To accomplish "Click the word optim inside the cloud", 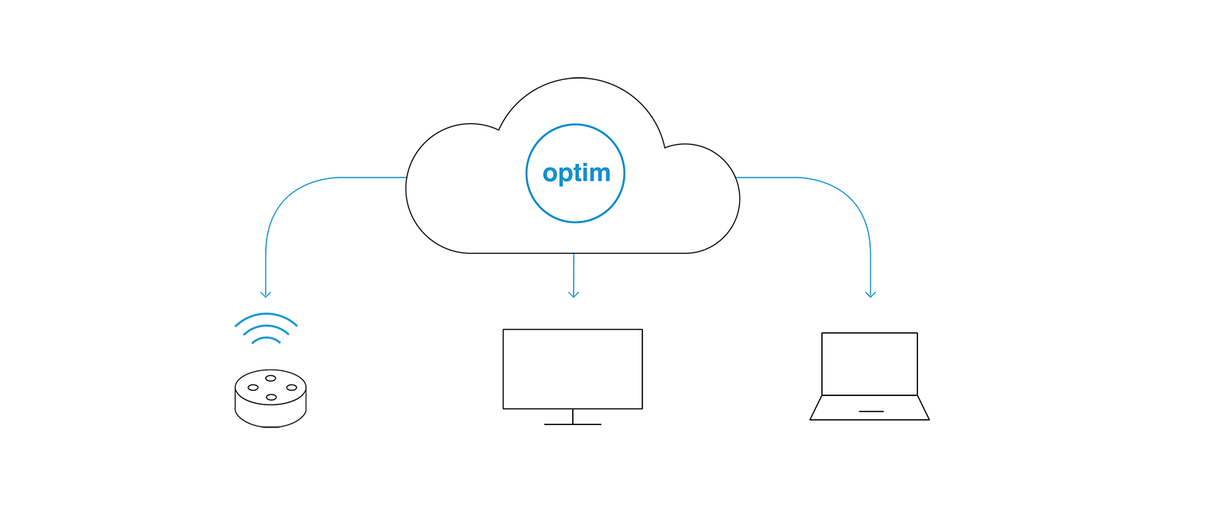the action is point(576,174).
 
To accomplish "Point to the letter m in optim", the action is point(601,174).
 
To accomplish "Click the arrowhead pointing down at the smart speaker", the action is point(266,295).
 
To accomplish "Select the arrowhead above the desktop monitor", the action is point(574,295).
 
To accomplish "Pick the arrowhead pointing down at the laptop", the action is point(871,295).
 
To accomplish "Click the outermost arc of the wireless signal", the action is point(266,315).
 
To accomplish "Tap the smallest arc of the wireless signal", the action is point(266,339).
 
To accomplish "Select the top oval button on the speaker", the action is point(270,379).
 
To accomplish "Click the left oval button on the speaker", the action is point(253,388).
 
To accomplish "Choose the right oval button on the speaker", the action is point(292,388).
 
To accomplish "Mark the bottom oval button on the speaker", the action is point(271,398).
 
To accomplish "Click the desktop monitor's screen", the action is point(572,369).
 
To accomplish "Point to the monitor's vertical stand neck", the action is point(572,417).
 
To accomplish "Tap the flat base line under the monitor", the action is point(572,424).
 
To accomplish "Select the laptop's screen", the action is point(869,363).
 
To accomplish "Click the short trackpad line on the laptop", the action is point(872,411).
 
